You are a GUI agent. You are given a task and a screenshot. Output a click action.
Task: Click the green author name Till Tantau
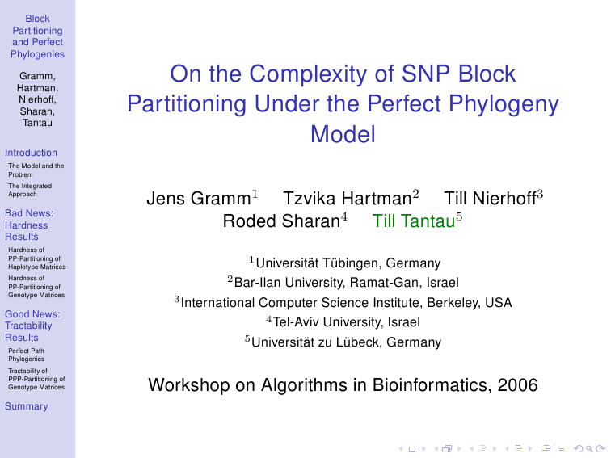pos(414,221)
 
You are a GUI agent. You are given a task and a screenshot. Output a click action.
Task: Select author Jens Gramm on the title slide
pos(199,199)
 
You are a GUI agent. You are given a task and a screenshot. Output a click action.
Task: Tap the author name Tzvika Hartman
pos(348,199)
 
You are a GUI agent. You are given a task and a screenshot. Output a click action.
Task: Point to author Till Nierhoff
pos(491,199)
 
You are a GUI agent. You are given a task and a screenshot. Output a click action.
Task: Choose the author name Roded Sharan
pos(281,221)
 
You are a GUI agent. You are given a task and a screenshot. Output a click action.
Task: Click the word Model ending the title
pos(343,134)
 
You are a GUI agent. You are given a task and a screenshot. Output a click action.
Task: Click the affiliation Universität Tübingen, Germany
pos(348,263)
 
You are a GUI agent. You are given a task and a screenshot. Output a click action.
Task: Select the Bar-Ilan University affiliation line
pos(347,283)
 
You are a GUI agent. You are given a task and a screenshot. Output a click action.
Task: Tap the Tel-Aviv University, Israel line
pos(347,322)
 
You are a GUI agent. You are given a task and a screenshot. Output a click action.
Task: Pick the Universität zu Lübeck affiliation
pos(346,342)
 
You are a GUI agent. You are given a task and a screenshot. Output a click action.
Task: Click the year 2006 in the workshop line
pos(517,385)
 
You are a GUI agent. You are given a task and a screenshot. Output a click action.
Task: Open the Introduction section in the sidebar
pos(31,153)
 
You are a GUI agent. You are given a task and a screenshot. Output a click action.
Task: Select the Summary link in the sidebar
pos(26,406)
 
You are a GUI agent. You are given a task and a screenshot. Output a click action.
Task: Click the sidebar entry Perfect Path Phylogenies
pos(26,355)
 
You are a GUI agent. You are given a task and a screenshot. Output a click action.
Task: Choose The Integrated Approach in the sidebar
pos(30,190)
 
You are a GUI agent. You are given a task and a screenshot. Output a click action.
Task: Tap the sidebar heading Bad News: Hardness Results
pos(29,225)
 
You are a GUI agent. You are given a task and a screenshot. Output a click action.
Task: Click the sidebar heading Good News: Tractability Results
pos(32,326)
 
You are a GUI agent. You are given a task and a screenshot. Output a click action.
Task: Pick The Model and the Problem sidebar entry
pos(36,170)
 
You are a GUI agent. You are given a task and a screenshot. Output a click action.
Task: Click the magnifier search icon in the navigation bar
pos(589,449)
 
